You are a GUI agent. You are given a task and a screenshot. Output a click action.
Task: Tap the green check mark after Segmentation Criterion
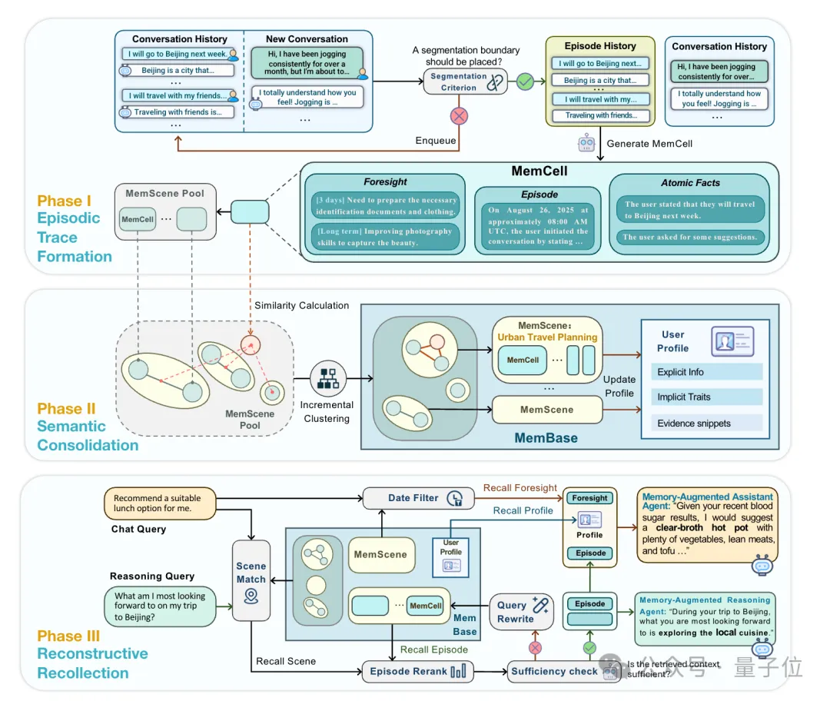(525, 81)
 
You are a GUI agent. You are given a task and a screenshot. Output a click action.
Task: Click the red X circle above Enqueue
(459, 116)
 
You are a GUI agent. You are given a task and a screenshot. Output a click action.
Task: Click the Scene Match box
(251, 580)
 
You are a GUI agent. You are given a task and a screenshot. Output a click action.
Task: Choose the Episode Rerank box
(417, 671)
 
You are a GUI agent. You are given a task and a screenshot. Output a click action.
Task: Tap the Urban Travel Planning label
(546, 337)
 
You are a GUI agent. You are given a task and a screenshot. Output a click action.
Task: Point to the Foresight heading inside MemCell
(385, 182)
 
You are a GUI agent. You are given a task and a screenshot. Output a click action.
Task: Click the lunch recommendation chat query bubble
(159, 503)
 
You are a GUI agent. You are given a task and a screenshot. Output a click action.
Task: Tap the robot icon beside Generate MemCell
(587, 143)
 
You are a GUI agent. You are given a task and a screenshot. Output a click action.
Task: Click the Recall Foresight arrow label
(520, 487)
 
